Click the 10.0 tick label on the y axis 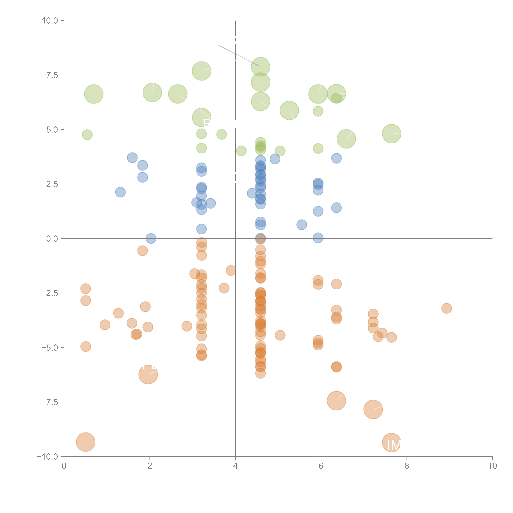(x=50, y=21)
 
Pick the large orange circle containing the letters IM (x=391, y=443)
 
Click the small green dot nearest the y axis (x=87, y=135)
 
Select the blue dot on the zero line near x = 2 (x=151, y=238)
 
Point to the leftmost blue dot (x=120, y=192)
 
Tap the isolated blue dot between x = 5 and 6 (x=302, y=225)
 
